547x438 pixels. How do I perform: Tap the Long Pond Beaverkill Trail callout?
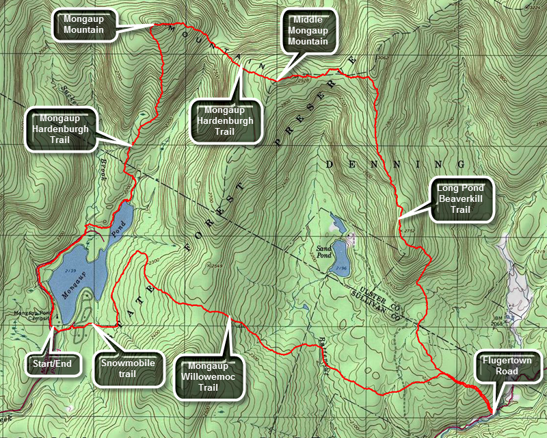coord(462,199)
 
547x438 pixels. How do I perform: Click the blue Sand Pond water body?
coord(340,261)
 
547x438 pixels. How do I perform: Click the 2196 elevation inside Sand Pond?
coord(343,268)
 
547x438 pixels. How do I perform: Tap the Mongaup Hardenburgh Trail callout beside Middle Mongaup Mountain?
coord(225,120)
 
